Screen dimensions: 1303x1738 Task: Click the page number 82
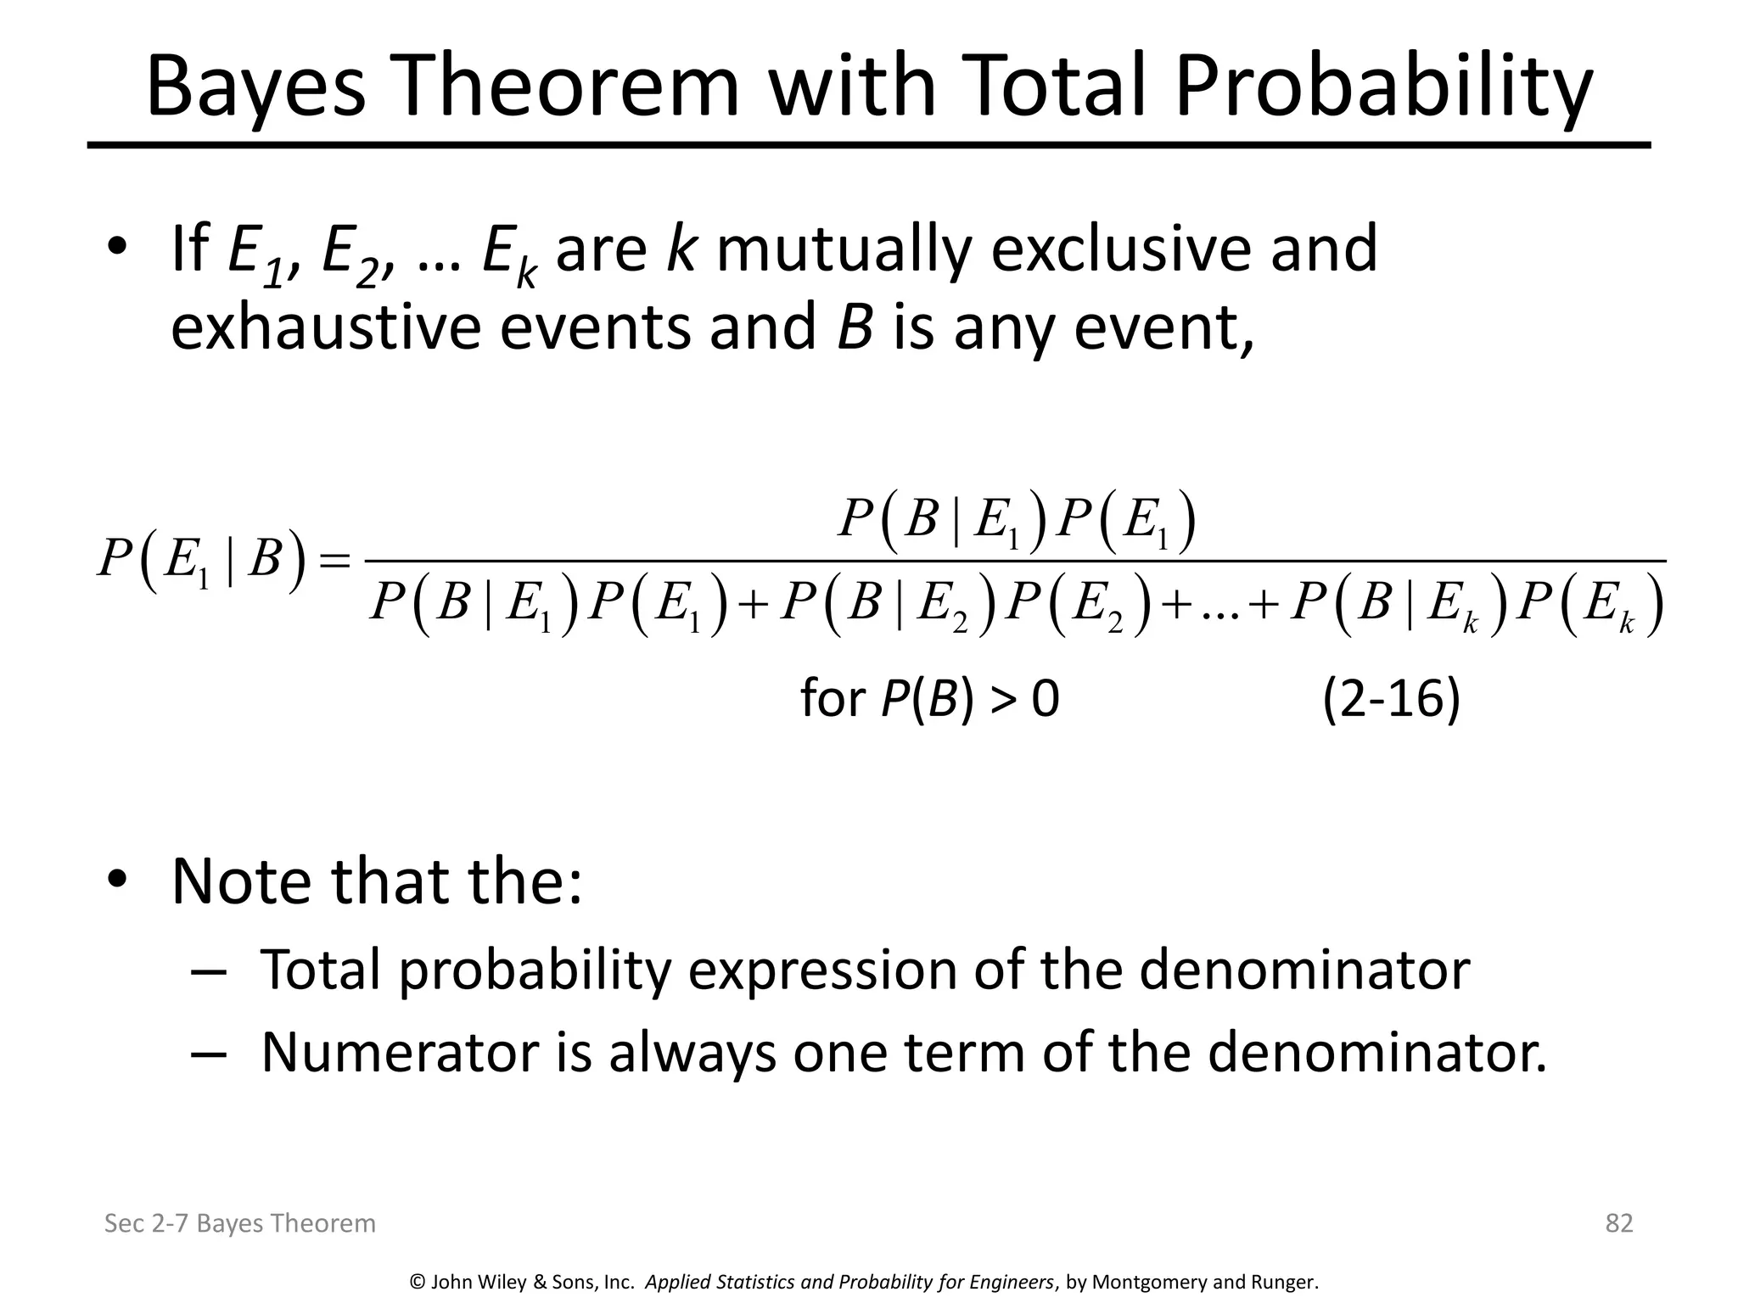point(1619,1222)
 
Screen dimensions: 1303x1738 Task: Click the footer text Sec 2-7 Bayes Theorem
point(239,1223)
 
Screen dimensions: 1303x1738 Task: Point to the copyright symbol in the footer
point(417,1282)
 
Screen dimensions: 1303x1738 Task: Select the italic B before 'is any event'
point(855,327)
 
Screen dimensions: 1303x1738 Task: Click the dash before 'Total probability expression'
point(209,970)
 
